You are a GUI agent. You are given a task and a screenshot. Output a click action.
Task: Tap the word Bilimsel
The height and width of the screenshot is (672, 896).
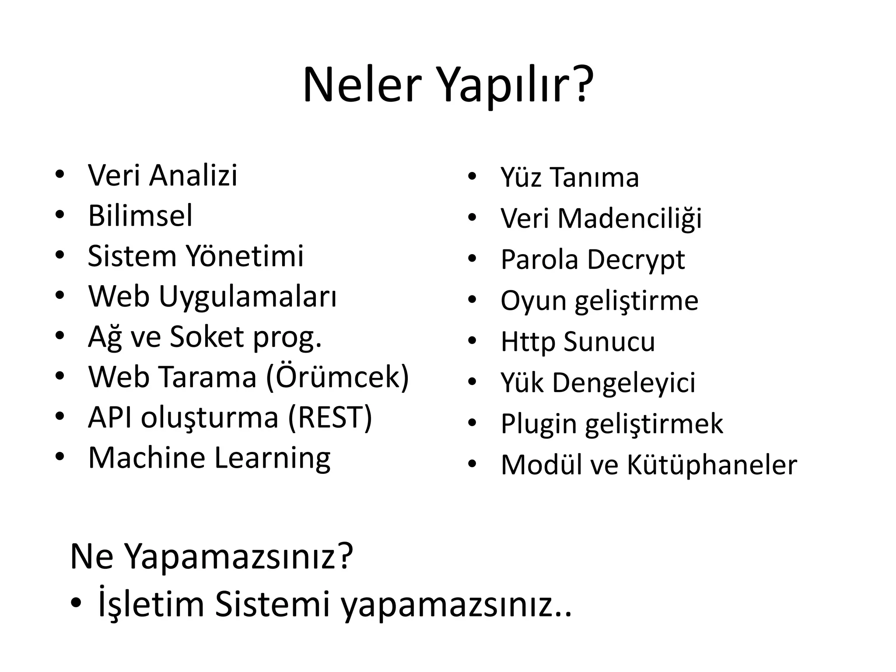click(140, 216)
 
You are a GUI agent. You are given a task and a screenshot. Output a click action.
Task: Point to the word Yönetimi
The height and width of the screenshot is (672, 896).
click(245, 256)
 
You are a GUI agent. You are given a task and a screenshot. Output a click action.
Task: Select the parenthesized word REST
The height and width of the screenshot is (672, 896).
click(330, 417)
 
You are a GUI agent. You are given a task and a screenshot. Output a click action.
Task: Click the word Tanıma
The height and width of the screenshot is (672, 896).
click(595, 178)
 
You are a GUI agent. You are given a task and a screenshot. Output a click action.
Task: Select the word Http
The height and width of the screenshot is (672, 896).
click(527, 342)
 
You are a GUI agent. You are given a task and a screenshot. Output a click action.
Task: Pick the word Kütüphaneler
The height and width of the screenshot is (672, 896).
click(712, 465)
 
